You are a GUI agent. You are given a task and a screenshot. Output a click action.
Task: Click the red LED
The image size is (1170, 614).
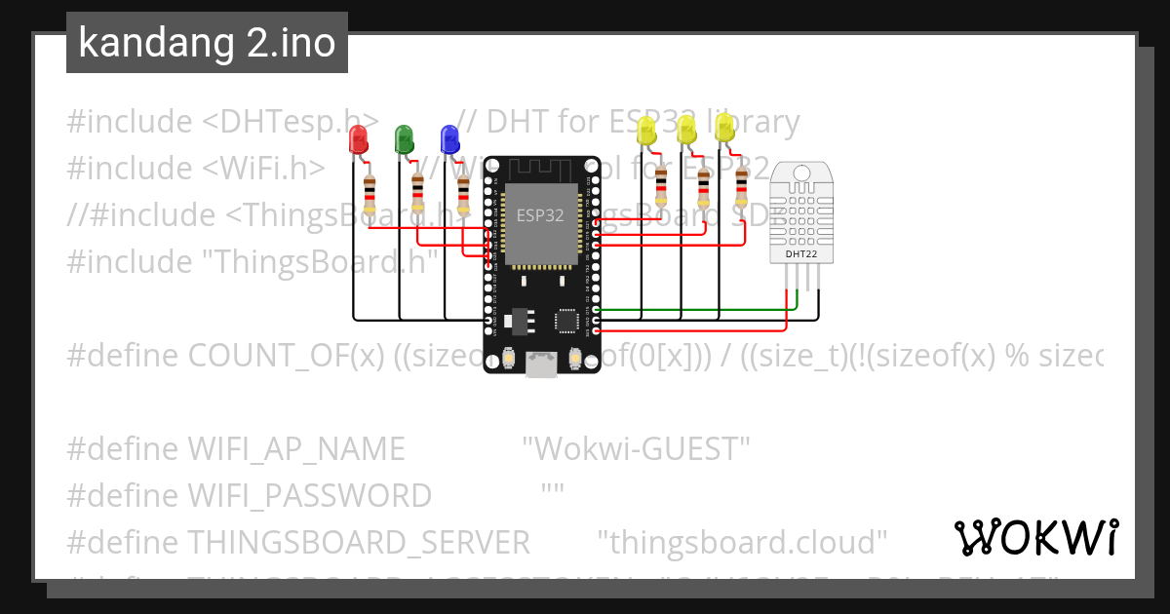359,141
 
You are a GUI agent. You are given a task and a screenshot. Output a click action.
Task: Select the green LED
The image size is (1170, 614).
404,139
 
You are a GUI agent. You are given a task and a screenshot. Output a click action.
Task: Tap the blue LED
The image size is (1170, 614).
448,139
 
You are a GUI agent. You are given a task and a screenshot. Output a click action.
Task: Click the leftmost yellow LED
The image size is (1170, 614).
645,132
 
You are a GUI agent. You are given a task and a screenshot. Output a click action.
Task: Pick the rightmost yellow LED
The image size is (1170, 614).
724,128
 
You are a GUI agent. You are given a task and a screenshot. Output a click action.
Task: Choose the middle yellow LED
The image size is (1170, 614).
685,130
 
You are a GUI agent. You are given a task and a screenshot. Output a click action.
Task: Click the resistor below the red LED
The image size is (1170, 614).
370,195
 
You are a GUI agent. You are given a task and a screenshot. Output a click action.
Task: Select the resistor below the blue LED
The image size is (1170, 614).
463,195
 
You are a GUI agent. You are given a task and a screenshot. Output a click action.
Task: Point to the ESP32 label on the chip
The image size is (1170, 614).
538,216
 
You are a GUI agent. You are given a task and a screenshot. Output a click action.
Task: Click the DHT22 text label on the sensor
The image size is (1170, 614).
800,255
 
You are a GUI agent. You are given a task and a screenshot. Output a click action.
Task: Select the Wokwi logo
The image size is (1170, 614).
1035,537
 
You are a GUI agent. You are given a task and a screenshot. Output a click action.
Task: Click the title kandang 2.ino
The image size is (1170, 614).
207,43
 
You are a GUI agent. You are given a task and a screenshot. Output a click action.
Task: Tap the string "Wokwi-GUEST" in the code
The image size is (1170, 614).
636,449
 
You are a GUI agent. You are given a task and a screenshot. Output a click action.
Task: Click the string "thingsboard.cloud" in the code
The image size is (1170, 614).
741,541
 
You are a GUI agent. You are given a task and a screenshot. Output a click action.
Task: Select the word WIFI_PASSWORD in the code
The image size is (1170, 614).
309,496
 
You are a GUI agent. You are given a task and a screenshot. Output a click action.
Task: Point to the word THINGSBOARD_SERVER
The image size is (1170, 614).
358,541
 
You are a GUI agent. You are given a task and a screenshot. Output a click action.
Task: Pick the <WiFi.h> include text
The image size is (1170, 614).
264,169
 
